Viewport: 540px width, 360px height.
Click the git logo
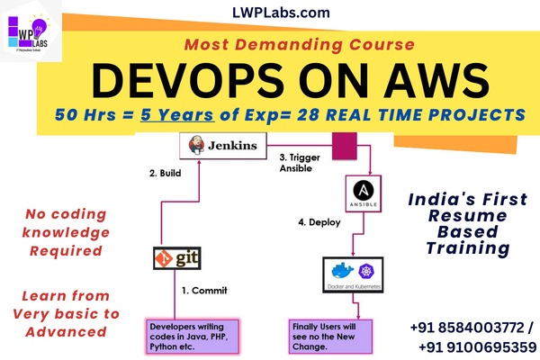click(175, 260)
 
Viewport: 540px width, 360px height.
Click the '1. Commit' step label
click(206, 290)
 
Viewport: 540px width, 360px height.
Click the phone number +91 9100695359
click(476, 346)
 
